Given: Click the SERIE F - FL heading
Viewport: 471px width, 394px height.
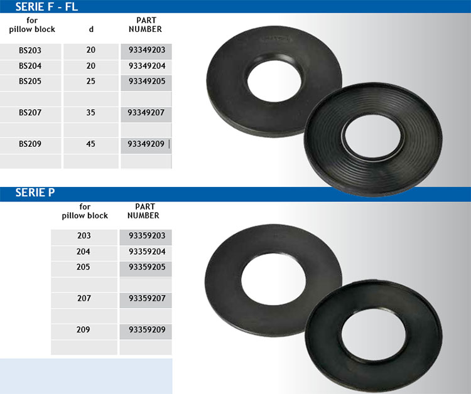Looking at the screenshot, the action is point(46,7).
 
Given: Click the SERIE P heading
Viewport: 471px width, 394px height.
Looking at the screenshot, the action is point(35,193).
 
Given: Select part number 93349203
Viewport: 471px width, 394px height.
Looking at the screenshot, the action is point(147,50).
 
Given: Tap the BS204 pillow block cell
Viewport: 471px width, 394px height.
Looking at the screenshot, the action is point(30,66).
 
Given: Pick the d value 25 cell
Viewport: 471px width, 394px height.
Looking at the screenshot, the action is point(90,81).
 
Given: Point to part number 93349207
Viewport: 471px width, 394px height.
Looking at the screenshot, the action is point(146,112).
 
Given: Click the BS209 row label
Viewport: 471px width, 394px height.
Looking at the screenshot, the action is point(30,144).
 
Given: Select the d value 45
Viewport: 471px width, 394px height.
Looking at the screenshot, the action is point(90,144).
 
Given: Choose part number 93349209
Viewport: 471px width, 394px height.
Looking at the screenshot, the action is point(146,144).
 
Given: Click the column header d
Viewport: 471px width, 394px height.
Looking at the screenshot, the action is point(91,29).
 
